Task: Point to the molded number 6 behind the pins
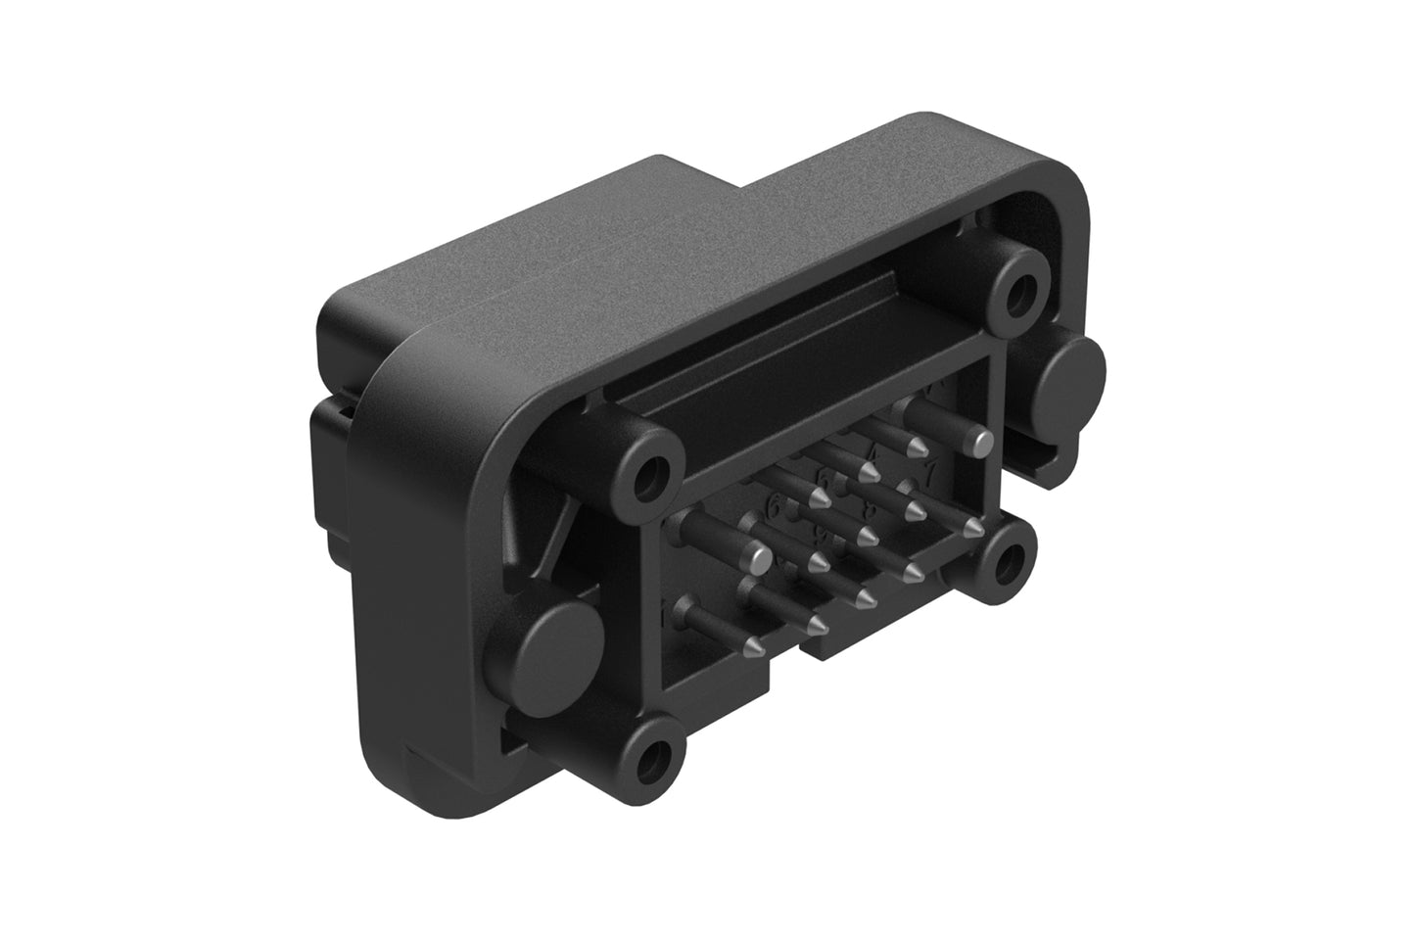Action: click(778, 508)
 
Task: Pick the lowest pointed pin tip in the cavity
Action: click(755, 645)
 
